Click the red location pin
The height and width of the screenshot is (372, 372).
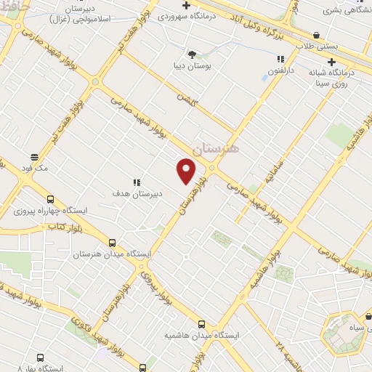tap(187, 172)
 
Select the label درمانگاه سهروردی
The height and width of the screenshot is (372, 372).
tap(217, 15)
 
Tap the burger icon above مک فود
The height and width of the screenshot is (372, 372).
tap(34, 157)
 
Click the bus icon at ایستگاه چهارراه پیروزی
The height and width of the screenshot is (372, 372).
tap(50, 199)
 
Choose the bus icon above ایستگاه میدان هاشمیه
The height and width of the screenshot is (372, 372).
tap(201, 324)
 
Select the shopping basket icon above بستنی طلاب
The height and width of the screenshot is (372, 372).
tap(316, 35)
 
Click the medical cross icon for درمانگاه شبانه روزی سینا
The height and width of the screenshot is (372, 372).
tap(331, 62)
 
